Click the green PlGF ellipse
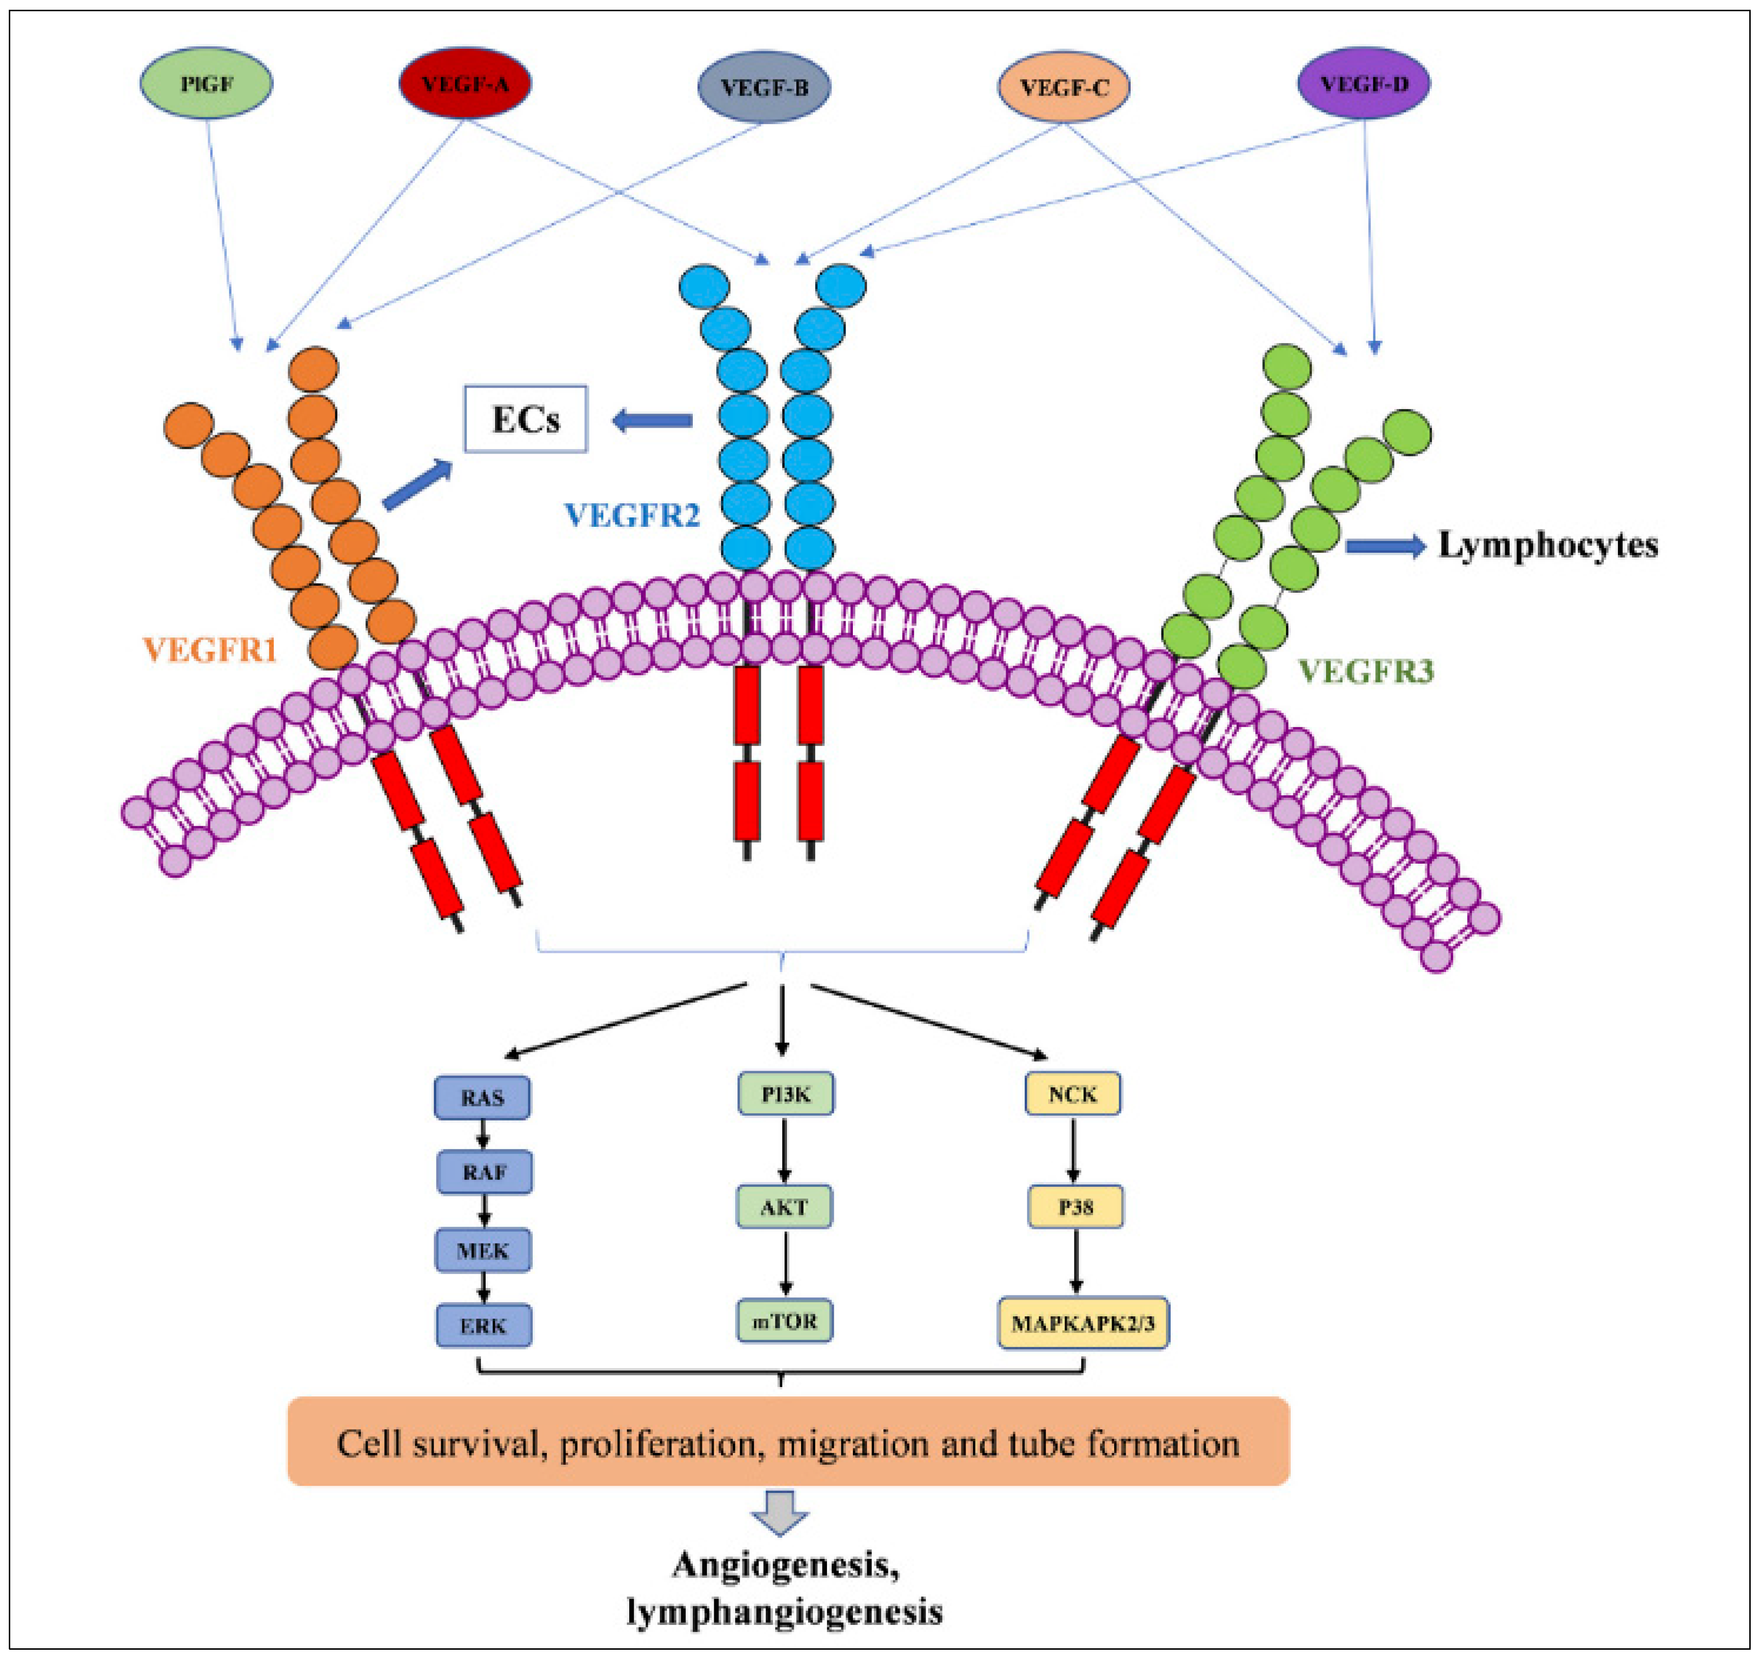(207, 83)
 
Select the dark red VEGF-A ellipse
(465, 83)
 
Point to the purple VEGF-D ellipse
(1364, 83)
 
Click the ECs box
(526, 419)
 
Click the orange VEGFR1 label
(211, 651)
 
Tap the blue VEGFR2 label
(632, 515)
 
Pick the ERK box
(483, 1326)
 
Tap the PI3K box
(785, 1094)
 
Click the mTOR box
(785, 1321)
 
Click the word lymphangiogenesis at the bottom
(785, 1611)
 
